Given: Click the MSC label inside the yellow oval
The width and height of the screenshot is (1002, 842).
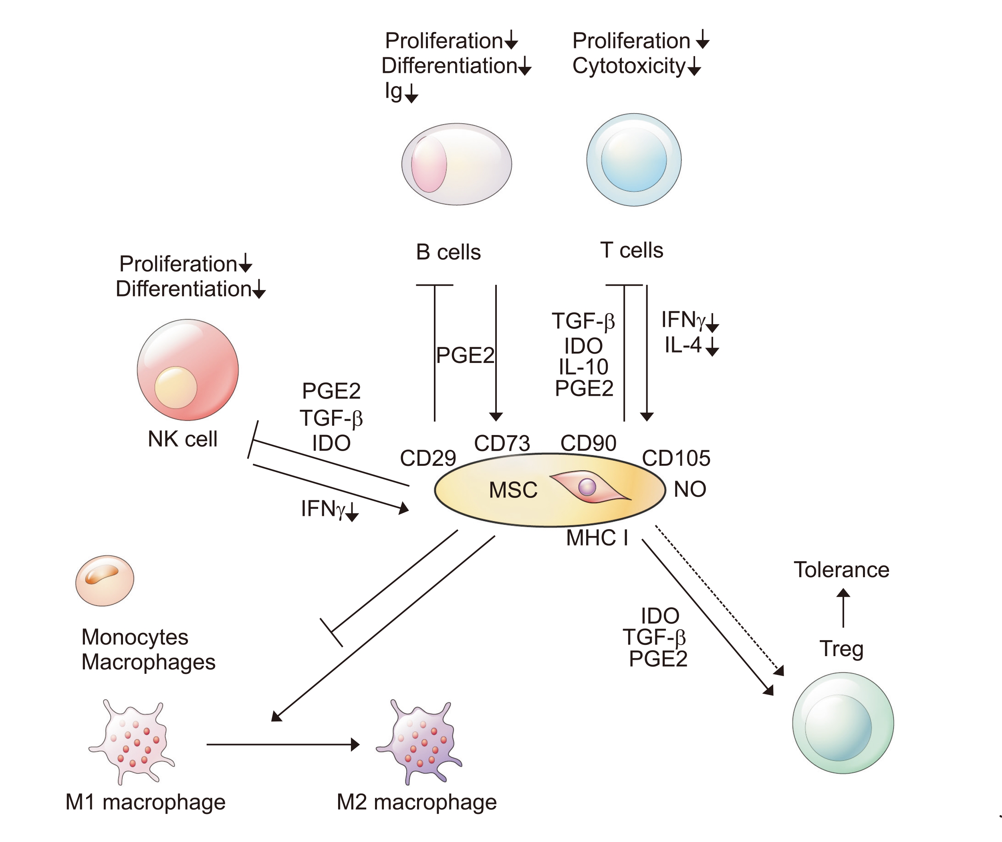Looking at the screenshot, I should coord(513,490).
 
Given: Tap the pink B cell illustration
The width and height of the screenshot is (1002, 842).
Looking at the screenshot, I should coord(456,164).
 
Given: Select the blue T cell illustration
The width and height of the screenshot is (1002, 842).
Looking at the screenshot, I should coord(633,160).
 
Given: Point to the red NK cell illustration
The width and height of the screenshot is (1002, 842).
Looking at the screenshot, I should coord(187,370).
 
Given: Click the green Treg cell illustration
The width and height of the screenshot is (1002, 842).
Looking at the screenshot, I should coord(843,723).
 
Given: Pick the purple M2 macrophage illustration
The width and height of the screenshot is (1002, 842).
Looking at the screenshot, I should coord(421,742).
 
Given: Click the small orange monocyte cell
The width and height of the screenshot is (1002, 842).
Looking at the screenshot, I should coord(105,580).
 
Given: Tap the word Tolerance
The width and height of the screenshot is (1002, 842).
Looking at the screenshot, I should coord(841,570).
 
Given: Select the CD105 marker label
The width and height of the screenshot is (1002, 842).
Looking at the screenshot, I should coord(676,458).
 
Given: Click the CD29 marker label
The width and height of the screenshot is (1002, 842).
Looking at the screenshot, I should coord(428,458).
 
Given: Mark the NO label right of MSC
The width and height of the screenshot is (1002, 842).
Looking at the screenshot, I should coord(690,489).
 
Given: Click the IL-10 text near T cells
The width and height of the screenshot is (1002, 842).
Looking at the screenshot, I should coord(583,367).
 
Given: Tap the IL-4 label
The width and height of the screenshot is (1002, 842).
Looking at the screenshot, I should coord(683,344).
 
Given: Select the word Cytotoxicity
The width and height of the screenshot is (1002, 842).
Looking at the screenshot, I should coord(629,66).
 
